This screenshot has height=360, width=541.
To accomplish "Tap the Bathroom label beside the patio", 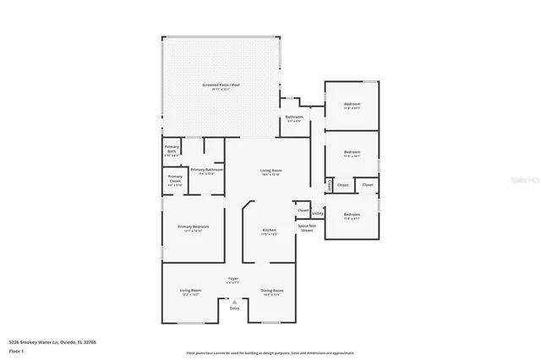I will [x=294, y=117].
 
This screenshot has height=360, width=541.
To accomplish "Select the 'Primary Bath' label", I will [x=171, y=152].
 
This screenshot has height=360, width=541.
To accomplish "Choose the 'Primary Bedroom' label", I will [x=193, y=226].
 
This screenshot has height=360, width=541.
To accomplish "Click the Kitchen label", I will [x=269, y=230].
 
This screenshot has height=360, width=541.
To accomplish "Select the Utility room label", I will [x=317, y=214].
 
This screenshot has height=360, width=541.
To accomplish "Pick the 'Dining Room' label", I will [x=271, y=290].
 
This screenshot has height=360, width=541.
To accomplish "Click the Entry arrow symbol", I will [x=234, y=301].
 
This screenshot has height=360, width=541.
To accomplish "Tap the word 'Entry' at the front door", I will [x=234, y=308].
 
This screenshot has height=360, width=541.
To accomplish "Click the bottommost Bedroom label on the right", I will [x=352, y=215].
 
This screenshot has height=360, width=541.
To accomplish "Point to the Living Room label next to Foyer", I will [x=190, y=290].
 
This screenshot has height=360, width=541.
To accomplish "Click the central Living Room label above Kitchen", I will [x=270, y=170].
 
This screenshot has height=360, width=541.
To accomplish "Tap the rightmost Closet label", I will [x=368, y=184].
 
